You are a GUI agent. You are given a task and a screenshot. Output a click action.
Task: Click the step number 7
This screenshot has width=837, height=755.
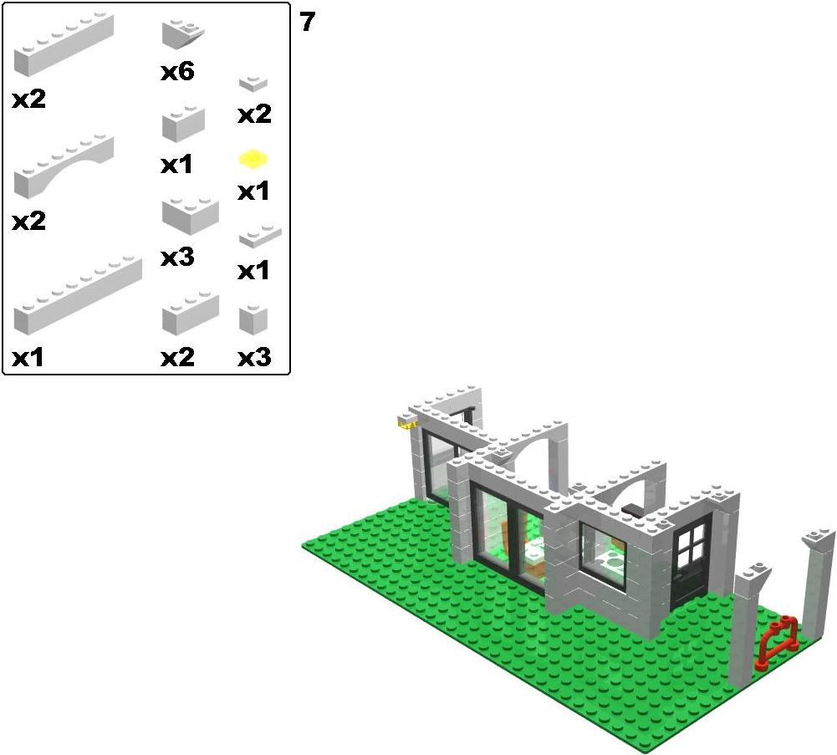pyautogui.click(x=308, y=22)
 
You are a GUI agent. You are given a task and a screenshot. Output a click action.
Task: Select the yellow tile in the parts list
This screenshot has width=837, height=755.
pyautogui.click(x=253, y=159)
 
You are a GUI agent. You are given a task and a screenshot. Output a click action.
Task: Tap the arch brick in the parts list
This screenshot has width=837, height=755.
pyautogui.click(x=64, y=166)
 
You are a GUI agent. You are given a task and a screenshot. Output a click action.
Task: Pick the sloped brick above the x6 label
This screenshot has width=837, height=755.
pyautogui.click(x=182, y=34)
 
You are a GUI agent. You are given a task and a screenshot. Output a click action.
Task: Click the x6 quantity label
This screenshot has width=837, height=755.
pyautogui.click(x=177, y=71)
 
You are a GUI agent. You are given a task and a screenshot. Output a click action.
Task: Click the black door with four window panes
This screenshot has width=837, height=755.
pyautogui.click(x=691, y=561)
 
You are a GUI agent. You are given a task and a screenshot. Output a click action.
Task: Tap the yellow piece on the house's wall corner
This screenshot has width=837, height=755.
pyautogui.click(x=406, y=425)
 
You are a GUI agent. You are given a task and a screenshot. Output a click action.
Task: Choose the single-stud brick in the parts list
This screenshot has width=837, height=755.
pyautogui.click(x=253, y=319)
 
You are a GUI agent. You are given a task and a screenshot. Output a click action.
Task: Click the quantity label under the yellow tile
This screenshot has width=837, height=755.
pyautogui.click(x=253, y=191)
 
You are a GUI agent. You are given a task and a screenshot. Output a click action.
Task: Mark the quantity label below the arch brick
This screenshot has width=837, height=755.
pyautogui.click(x=28, y=221)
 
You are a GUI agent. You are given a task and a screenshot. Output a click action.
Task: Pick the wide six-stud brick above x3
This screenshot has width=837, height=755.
pyautogui.click(x=190, y=215)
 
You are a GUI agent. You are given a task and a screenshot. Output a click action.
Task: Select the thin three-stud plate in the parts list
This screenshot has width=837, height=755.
pyautogui.click(x=260, y=236)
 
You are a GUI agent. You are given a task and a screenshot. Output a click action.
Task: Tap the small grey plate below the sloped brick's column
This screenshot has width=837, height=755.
pyautogui.click(x=253, y=84)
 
